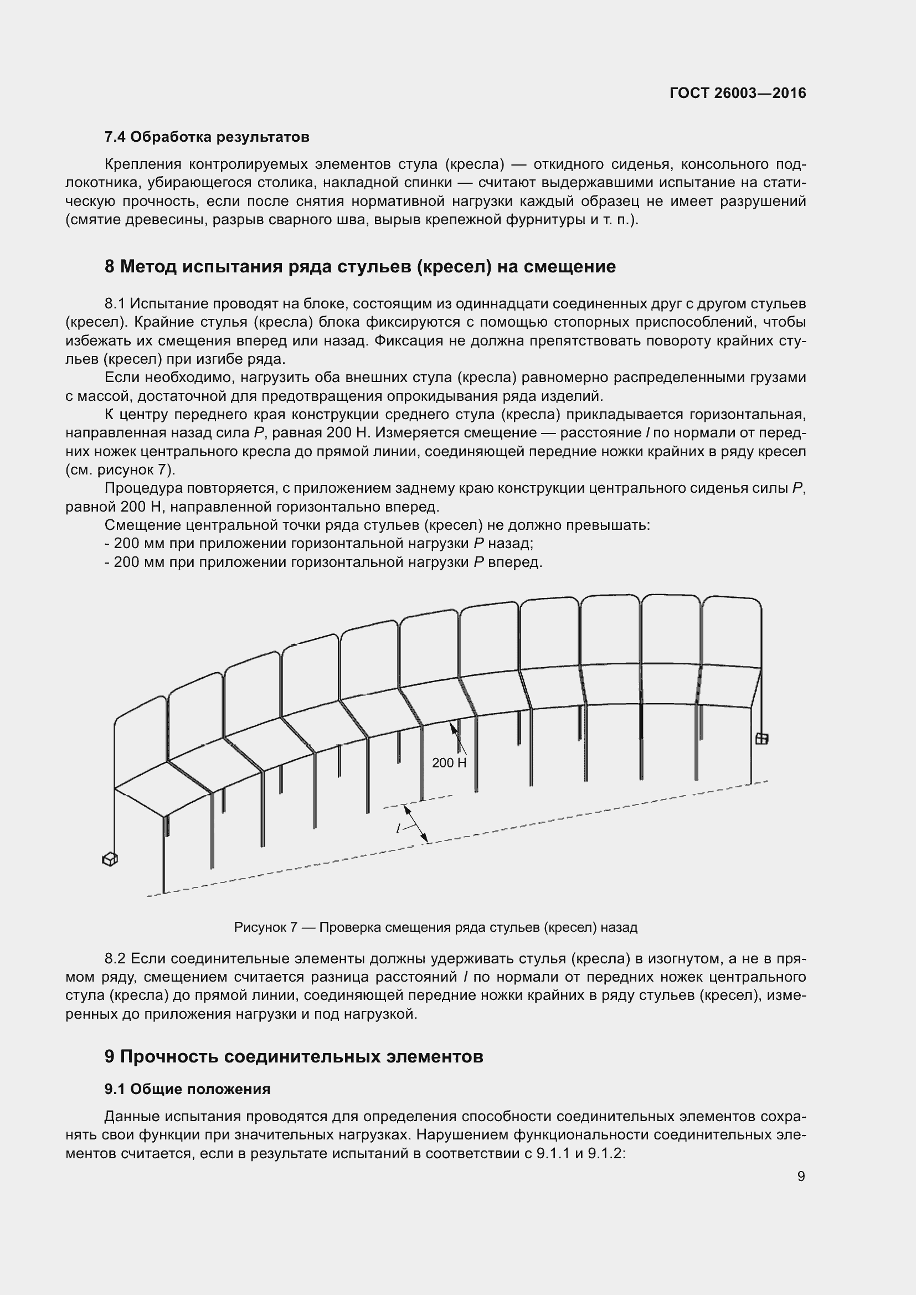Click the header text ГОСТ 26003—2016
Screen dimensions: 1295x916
(x=738, y=93)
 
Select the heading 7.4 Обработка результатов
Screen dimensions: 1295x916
(x=207, y=137)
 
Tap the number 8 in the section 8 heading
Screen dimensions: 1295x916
(x=110, y=266)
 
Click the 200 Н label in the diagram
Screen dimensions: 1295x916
(x=449, y=763)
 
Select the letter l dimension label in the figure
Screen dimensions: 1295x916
(x=398, y=829)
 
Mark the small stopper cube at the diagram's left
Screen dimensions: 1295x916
(x=110, y=860)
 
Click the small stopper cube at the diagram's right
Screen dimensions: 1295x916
(x=761, y=739)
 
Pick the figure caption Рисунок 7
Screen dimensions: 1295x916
(x=265, y=927)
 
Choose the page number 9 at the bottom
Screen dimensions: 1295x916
(x=801, y=1176)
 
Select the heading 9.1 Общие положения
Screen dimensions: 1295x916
(x=187, y=1089)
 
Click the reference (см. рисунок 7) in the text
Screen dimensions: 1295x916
(x=121, y=470)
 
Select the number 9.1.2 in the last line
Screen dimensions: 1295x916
(x=604, y=1153)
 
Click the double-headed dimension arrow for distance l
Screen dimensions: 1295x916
(x=416, y=824)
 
